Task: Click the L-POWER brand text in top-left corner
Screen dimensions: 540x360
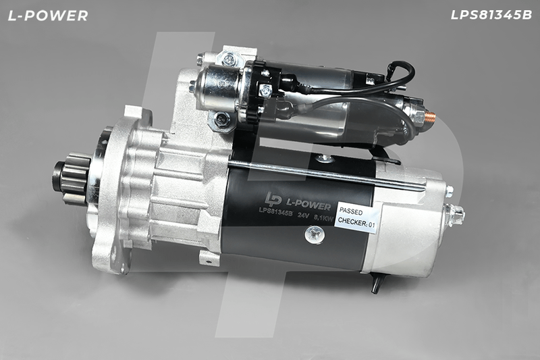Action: pyautogui.click(x=48, y=16)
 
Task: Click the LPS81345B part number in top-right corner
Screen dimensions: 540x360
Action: pyautogui.click(x=491, y=15)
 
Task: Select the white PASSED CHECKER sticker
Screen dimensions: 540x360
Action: pyautogui.click(x=357, y=217)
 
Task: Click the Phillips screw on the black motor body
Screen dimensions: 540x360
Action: pyautogui.click(x=315, y=234)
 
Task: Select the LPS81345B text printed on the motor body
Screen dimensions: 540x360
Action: pyautogui.click(x=275, y=211)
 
